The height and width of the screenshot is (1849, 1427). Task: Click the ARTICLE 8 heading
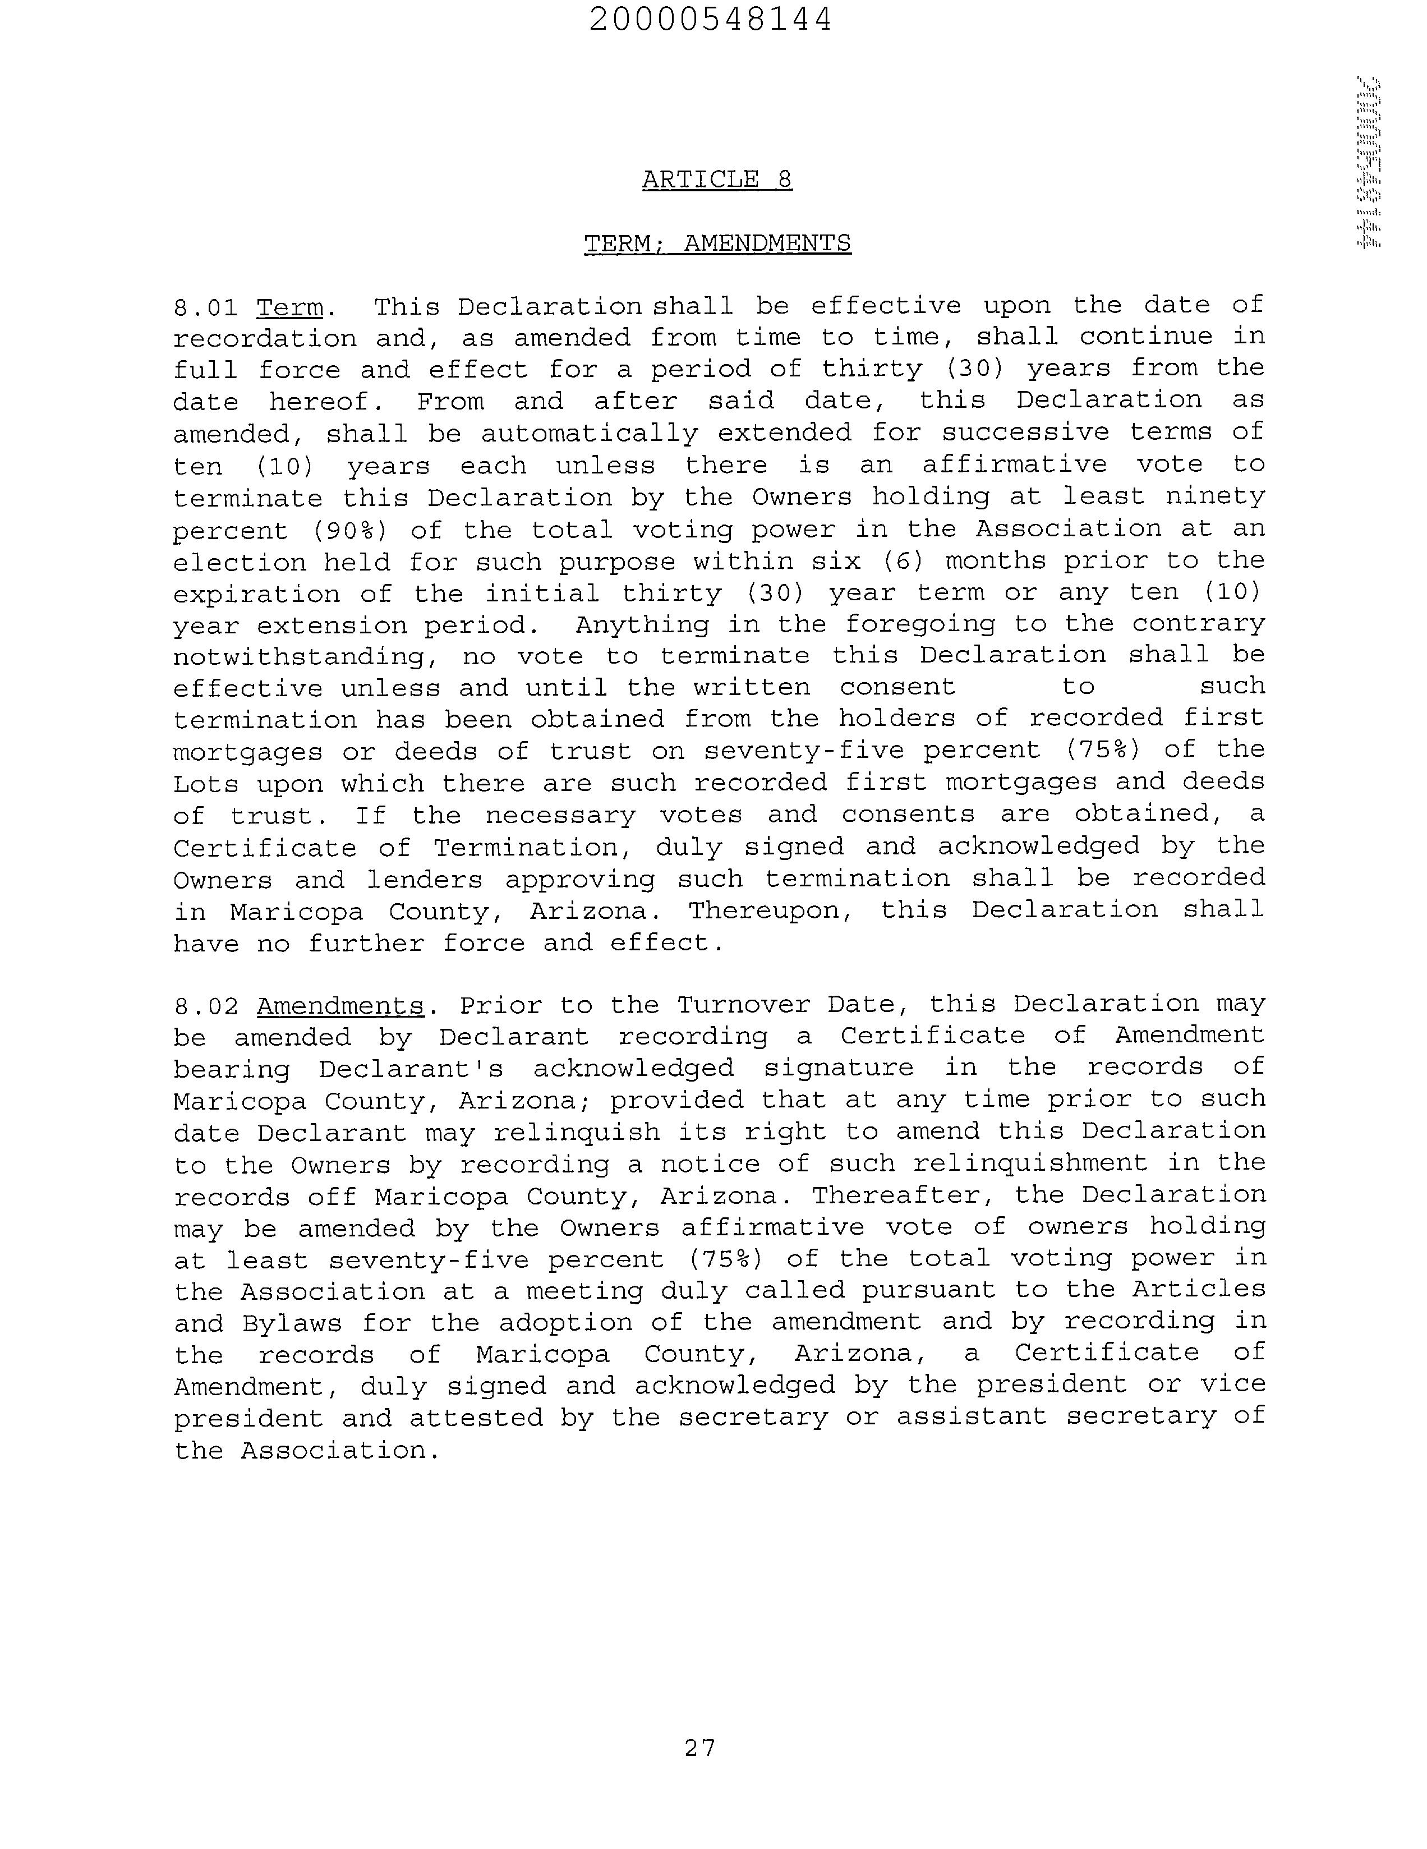pyautogui.click(x=717, y=180)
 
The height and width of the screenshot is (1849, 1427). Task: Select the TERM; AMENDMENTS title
pyautogui.click(x=717, y=244)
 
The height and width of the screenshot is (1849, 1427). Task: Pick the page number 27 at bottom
pyautogui.click(x=700, y=1747)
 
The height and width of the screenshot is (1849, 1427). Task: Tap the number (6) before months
pyautogui.click(x=903, y=562)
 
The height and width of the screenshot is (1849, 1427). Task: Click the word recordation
pyautogui.click(x=265, y=339)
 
